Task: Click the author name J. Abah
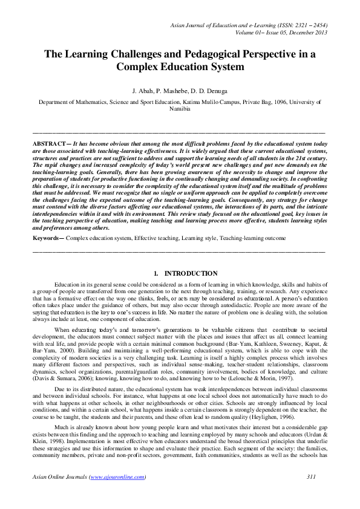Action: (151, 91)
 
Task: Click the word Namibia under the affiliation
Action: (180, 109)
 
